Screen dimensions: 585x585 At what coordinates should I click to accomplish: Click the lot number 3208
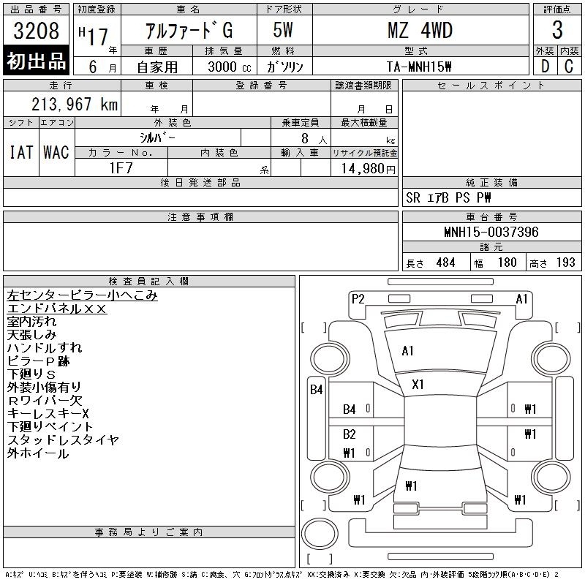(x=36, y=30)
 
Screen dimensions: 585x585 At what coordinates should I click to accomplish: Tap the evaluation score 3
(x=557, y=30)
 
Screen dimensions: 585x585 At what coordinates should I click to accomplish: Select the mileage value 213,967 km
(x=75, y=104)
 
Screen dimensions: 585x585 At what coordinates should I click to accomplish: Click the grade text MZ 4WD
(x=420, y=30)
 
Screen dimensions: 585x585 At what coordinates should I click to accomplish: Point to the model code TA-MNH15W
(x=419, y=67)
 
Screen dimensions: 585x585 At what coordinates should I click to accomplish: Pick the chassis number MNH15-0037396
(x=491, y=232)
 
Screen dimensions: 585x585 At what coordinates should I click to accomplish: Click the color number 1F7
(x=121, y=168)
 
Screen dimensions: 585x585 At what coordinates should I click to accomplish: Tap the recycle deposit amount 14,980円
(x=368, y=169)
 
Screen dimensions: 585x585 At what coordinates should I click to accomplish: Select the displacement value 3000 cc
(x=230, y=67)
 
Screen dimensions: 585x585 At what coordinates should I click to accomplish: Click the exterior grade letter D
(x=545, y=67)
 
